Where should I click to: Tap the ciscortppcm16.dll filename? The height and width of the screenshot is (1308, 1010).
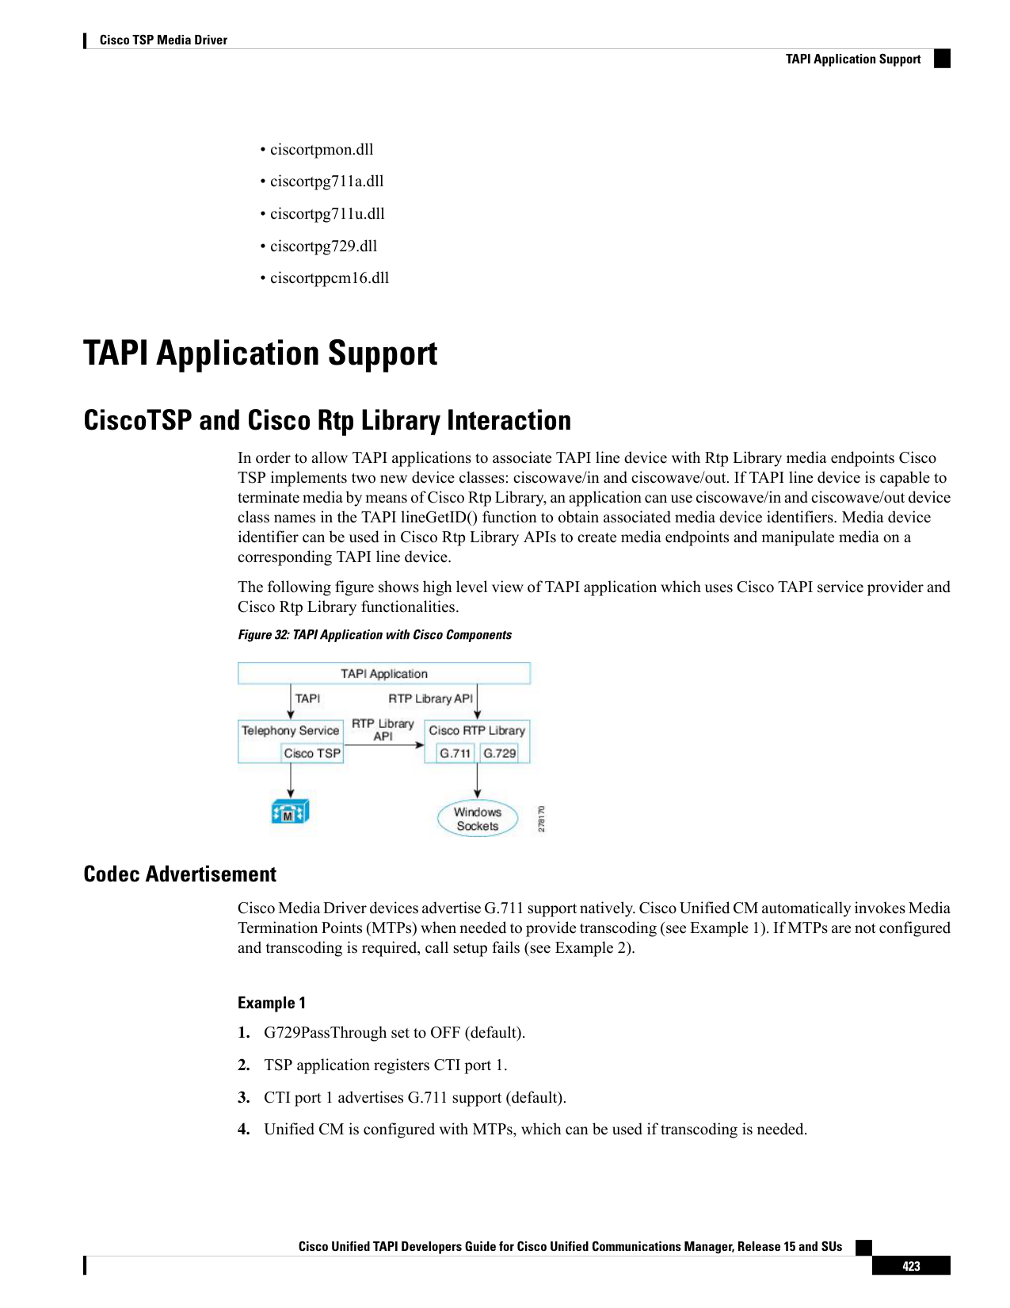(330, 278)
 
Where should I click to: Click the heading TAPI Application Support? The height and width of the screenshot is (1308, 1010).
(261, 354)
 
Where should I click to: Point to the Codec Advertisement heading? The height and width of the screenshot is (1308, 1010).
(180, 874)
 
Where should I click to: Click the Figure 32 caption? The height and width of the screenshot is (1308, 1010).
(375, 634)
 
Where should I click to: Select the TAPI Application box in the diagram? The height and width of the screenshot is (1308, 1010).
(383, 674)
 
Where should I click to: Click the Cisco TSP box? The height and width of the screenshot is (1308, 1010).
(312, 753)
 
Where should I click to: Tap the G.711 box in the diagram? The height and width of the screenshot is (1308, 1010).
(455, 753)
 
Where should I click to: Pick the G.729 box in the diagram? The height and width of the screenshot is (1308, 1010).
(499, 753)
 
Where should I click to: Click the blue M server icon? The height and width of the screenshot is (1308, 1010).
(290, 812)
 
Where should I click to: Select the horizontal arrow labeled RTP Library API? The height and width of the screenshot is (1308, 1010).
(384, 745)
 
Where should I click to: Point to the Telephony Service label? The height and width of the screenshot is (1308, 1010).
(291, 730)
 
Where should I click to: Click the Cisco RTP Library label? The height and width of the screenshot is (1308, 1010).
(477, 730)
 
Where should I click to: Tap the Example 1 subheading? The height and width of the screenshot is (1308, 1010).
(271, 1003)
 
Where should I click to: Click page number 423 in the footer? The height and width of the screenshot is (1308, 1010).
(911, 1266)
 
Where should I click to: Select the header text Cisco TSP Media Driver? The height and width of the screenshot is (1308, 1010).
(163, 40)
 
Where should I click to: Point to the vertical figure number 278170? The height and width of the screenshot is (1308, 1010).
(541, 819)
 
